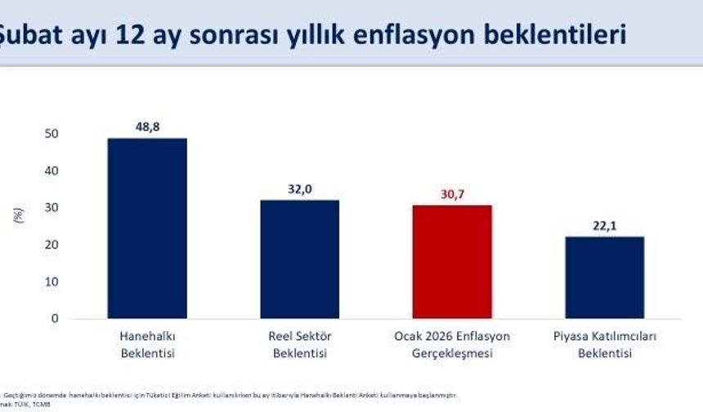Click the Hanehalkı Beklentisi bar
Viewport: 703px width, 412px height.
pyautogui.click(x=147, y=228)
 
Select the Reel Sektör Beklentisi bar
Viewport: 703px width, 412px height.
pyautogui.click(x=299, y=259)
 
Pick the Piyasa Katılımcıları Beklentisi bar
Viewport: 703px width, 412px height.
pyautogui.click(x=605, y=277)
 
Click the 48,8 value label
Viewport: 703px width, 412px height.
pyautogui.click(x=147, y=128)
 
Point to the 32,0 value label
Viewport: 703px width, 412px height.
pyautogui.click(x=299, y=189)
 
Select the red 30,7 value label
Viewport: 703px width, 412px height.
pyautogui.click(x=452, y=195)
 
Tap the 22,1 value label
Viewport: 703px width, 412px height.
pyautogui.click(x=605, y=226)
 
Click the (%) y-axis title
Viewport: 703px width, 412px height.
pyautogui.click(x=18, y=217)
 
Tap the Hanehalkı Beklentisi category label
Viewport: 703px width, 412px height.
pyautogui.click(x=147, y=345)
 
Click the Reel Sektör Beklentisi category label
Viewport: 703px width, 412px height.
pyautogui.click(x=299, y=345)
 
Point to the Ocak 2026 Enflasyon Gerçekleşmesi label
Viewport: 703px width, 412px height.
pyautogui.click(x=452, y=345)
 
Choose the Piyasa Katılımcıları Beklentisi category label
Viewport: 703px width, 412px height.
pyautogui.click(x=605, y=345)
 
